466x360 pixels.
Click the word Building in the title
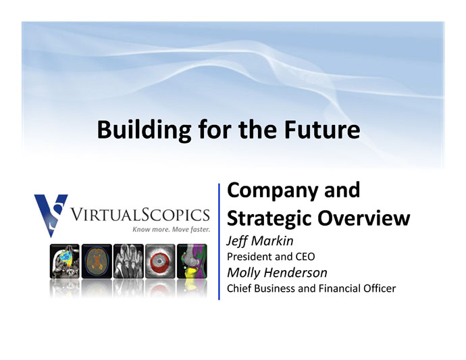(x=144, y=130)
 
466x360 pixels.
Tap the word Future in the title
(x=322, y=130)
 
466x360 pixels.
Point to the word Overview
(x=364, y=218)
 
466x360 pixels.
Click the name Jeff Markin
(x=260, y=241)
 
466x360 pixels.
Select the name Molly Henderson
(x=277, y=273)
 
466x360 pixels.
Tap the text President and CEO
(x=271, y=257)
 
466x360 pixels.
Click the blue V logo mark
(x=51, y=215)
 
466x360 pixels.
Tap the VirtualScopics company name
(x=140, y=215)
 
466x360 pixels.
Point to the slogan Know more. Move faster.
(x=171, y=229)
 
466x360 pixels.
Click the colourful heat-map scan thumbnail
(x=65, y=261)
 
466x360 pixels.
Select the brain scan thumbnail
(x=97, y=261)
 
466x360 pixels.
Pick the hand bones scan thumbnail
(x=128, y=261)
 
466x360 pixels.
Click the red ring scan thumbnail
(x=160, y=261)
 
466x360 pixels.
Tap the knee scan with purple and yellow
(x=192, y=261)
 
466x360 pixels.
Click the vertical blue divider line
(x=219, y=242)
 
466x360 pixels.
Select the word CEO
(x=305, y=257)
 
